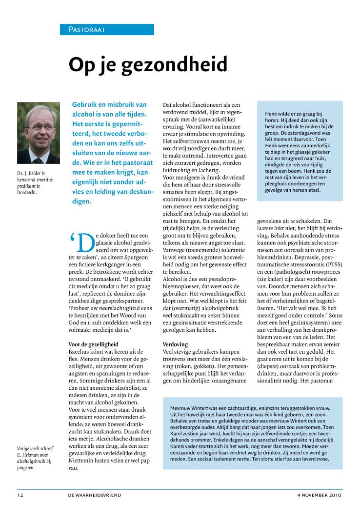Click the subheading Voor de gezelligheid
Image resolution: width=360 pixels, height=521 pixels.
[x=93, y=344]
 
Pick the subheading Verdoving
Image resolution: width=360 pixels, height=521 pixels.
[x=175, y=344]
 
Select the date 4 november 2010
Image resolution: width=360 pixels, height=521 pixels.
[x=320, y=495]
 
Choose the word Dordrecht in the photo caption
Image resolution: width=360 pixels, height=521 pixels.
[x=27, y=192]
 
